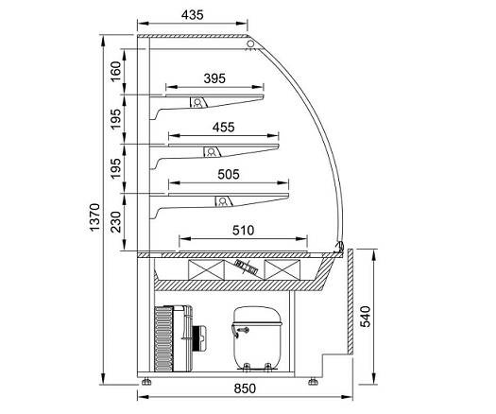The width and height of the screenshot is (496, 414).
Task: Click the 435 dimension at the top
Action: [x=193, y=15]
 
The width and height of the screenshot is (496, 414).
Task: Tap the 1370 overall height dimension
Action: [x=94, y=217]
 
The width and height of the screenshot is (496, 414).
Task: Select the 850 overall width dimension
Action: [x=245, y=388]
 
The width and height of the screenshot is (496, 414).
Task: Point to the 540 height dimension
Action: [x=365, y=317]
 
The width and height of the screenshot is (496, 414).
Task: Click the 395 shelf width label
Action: [x=214, y=78]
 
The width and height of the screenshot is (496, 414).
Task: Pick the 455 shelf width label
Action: [x=223, y=128]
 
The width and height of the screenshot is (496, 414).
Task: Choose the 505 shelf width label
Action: [x=229, y=175]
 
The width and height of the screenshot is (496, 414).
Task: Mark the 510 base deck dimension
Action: [x=243, y=231]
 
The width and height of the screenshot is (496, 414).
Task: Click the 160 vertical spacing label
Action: [x=116, y=72]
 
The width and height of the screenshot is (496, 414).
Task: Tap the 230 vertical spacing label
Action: [x=116, y=222]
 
